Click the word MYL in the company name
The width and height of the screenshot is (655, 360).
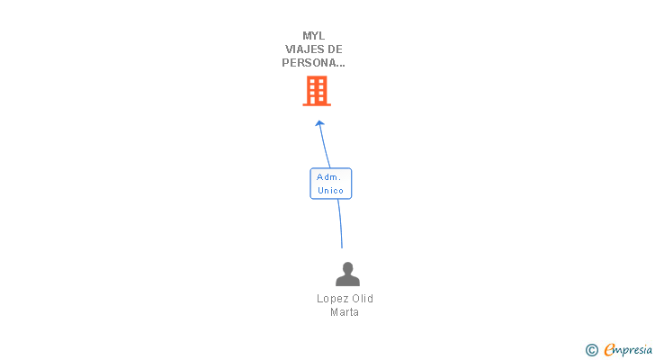click(x=314, y=36)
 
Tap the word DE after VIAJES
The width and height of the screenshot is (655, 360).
click(x=334, y=49)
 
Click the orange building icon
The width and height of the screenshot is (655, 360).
click(x=316, y=90)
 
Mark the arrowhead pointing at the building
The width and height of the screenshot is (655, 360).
click(x=319, y=124)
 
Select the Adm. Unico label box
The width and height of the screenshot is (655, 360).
click(x=330, y=184)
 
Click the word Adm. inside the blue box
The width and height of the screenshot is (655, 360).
click(x=328, y=177)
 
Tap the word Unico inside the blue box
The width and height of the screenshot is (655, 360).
click(x=330, y=191)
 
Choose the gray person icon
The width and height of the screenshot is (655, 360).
click(x=347, y=274)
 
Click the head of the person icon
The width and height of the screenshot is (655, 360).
click(x=347, y=267)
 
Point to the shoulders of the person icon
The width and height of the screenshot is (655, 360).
click(x=347, y=281)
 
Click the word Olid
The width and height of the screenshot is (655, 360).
click(x=362, y=299)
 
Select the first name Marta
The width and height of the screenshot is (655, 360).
click(x=345, y=312)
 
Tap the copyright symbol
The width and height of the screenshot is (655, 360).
click(x=591, y=349)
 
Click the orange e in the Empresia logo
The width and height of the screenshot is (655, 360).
click(x=609, y=349)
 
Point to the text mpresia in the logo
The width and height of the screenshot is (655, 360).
click(x=634, y=349)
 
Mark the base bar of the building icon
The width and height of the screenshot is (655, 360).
click(x=316, y=104)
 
